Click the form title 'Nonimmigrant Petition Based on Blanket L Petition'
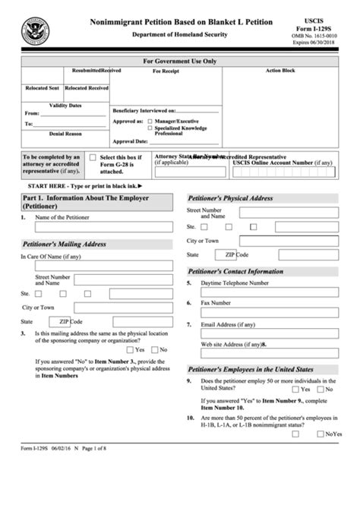pyautogui.click(x=177, y=23)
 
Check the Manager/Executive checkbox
pyautogui.click(x=150, y=121)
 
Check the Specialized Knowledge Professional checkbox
pyautogui.click(x=150, y=128)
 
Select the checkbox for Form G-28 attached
pyautogui.click(x=93, y=157)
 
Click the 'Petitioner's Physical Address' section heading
pyautogui.click(x=229, y=197)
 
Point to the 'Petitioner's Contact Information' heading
pyautogui.click(x=235, y=270)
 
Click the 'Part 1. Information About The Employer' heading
pyautogui.click(x=85, y=201)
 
